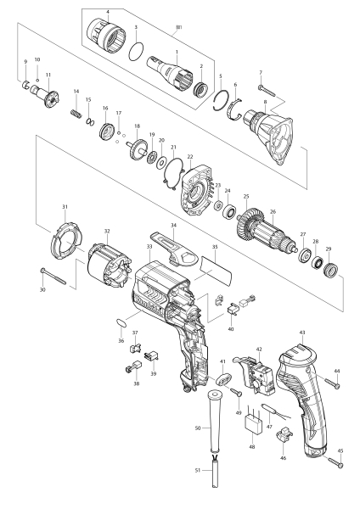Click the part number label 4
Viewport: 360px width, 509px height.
coord(108,12)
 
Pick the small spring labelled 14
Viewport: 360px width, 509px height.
coord(75,115)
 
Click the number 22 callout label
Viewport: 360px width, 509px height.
coord(190,157)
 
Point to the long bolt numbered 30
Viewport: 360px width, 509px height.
coord(53,277)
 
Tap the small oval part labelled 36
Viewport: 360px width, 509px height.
coord(121,323)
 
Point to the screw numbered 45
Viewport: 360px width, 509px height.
coord(335,462)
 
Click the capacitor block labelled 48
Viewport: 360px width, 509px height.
coord(253,423)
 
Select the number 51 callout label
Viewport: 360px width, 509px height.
coord(198,470)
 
